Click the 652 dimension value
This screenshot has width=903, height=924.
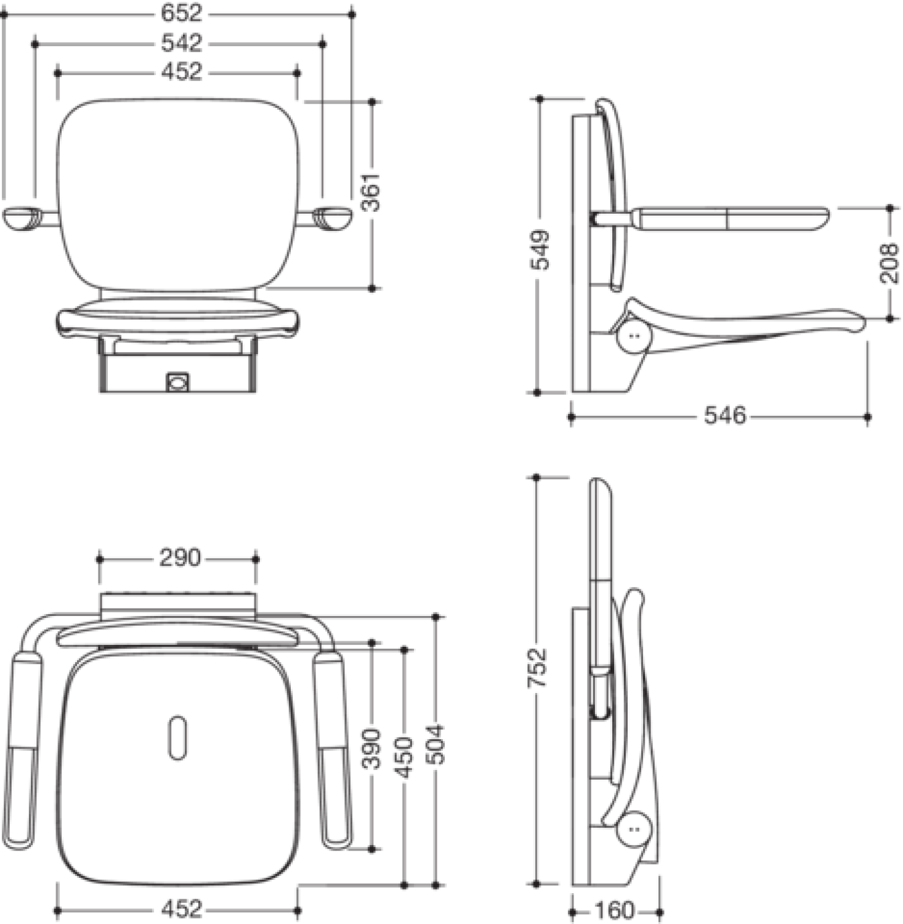point(182,14)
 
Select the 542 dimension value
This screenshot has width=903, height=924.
point(182,43)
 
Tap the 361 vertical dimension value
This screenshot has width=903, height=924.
point(371,193)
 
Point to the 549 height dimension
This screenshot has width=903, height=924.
point(540,250)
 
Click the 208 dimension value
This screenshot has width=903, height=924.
point(889,263)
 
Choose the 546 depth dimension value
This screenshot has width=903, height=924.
point(725,416)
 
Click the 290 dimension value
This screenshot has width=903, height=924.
point(180,558)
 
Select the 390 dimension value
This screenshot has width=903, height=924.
point(371,748)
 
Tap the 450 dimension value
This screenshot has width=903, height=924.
point(405,757)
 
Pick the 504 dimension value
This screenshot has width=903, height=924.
point(436,744)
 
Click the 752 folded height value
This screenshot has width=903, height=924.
point(538,667)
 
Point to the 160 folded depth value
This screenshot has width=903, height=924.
point(615,910)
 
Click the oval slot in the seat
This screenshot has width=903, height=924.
point(177,738)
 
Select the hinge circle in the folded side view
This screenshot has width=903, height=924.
point(634,829)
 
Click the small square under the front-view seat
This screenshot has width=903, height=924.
point(177,382)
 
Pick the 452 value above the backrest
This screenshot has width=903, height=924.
point(182,72)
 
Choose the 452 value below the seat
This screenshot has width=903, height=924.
point(182,909)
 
